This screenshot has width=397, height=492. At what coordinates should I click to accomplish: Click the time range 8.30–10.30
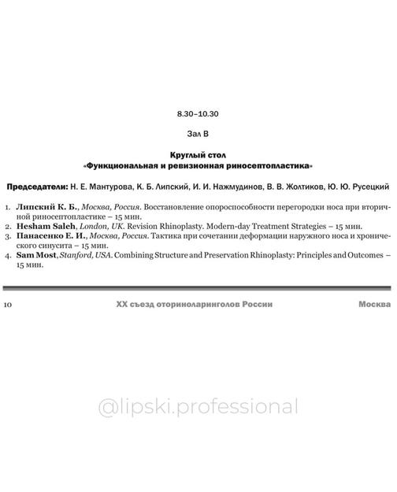point(198,113)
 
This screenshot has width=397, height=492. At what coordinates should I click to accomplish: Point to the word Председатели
point(36,189)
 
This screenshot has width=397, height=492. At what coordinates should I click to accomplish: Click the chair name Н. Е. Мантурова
point(106,189)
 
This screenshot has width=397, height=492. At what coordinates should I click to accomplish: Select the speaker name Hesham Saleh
point(43,224)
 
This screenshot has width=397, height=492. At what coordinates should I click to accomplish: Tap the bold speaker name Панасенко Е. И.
point(48,234)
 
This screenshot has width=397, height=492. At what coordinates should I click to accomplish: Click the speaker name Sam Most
point(35,253)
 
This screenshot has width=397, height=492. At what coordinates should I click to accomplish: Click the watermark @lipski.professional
point(198,407)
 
